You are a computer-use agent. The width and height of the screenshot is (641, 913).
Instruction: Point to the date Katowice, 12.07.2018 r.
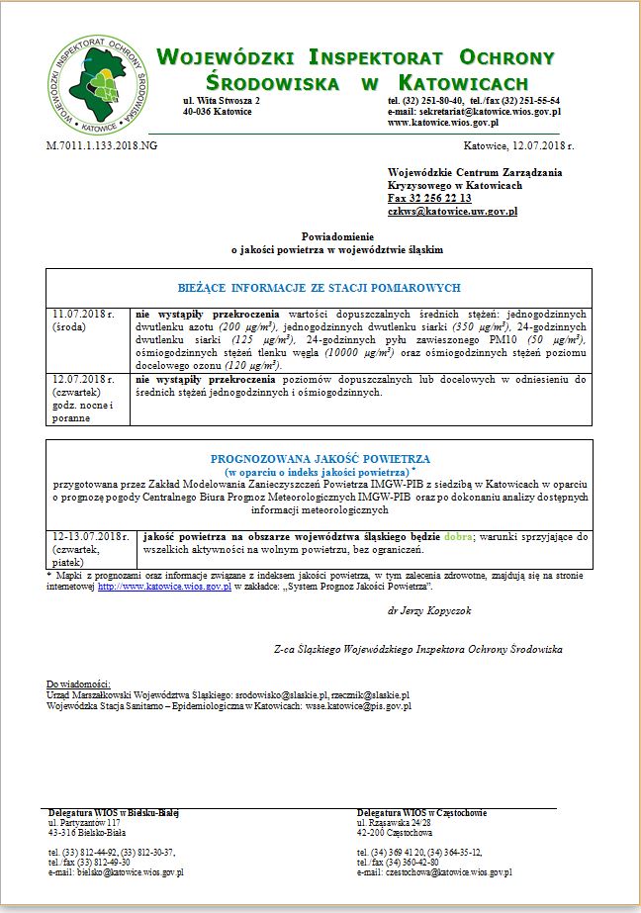[518, 145]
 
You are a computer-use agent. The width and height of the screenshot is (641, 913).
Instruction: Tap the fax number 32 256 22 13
[429, 199]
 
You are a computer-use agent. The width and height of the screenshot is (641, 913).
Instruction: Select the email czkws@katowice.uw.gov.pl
[452, 212]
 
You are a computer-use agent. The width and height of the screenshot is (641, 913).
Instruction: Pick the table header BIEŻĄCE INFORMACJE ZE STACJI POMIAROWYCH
[319, 288]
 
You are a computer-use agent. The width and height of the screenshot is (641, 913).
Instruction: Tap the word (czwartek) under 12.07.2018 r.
[76, 392]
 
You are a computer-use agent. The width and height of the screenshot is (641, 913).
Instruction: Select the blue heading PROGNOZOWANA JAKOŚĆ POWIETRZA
[320, 459]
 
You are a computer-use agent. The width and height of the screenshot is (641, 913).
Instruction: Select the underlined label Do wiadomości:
[79, 684]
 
